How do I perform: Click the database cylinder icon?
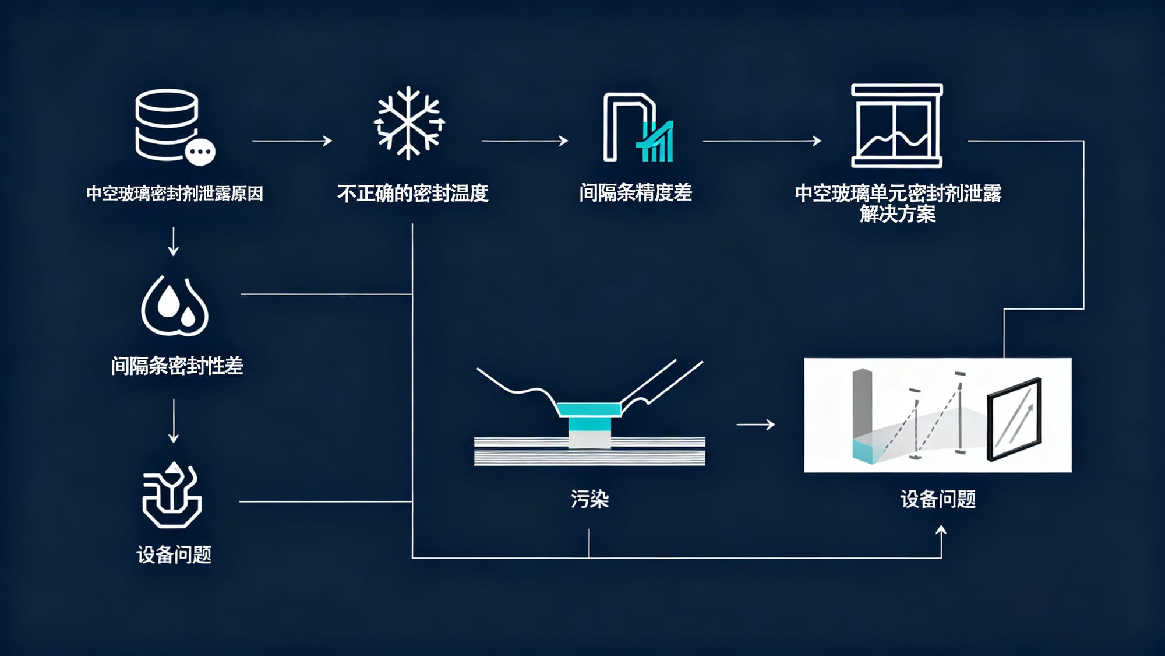[x=167, y=124]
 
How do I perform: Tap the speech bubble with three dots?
[x=200, y=152]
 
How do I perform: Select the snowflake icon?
[x=408, y=123]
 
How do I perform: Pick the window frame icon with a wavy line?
[x=896, y=125]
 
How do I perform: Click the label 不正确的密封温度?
[x=412, y=193]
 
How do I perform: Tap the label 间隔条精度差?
[x=636, y=192]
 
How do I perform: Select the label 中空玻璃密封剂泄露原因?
[x=175, y=194]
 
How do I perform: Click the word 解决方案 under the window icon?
[x=898, y=215]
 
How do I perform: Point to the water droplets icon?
[x=175, y=306]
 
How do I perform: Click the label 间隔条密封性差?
[x=176, y=366]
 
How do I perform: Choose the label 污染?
[x=589, y=499]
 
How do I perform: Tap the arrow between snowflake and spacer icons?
[x=524, y=141]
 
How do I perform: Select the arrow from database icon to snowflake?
[x=292, y=141]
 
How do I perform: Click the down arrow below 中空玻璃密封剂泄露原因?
[x=173, y=242]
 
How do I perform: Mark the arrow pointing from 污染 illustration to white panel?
[x=756, y=425]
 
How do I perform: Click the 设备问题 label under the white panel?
[x=938, y=499]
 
